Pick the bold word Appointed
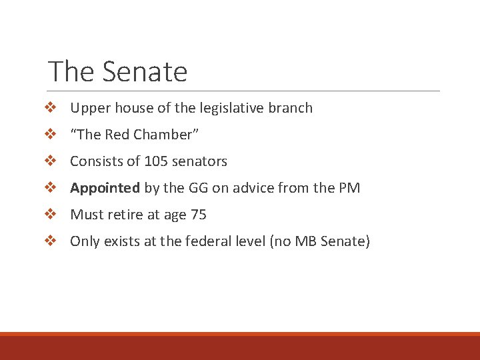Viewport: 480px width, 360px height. [105, 188]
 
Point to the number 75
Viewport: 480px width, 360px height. [199, 215]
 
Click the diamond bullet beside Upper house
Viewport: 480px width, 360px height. [49, 108]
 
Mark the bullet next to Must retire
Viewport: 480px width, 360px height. [49, 215]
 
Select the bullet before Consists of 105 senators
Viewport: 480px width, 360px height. [49, 161]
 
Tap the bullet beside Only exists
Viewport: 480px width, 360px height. [49, 241]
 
